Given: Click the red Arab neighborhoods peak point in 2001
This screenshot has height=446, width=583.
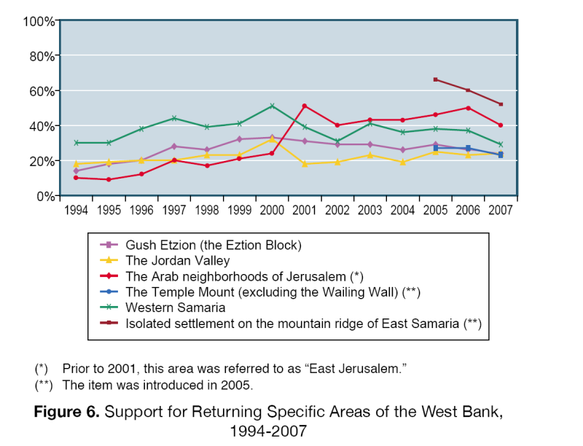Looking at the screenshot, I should pyautogui.click(x=305, y=106).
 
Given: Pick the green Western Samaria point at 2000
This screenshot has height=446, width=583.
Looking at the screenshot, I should pyautogui.click(x=272, y=106).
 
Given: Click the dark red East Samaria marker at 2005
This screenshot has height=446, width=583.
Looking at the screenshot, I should pyautogui.click(x=435, y=79).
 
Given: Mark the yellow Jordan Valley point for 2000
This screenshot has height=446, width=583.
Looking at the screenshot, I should pyautogui.click(x=272, y=139).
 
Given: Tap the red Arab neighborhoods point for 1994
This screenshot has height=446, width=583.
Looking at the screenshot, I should pyautogui.click(x=76, y=178).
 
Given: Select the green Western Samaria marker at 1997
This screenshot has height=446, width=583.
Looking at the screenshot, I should pyautogui.click(x=174, y=118).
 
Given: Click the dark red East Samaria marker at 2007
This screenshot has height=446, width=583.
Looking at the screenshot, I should pyautogui.click(x=501, y=104).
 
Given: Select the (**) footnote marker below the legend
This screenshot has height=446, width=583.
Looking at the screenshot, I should pyautogui.click(x=44, y=385).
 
